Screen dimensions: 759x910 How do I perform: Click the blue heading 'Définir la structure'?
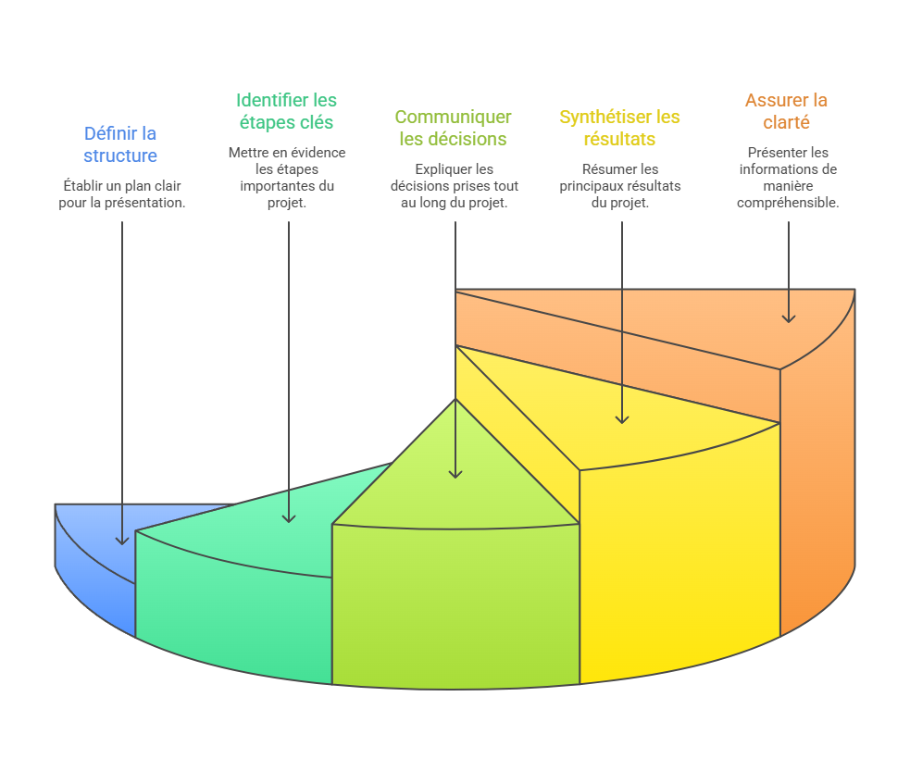(x=120, y=144)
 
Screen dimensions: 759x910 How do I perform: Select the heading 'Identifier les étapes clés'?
(x=286, y=111)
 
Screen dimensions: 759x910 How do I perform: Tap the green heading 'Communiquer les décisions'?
(x=453, y=128)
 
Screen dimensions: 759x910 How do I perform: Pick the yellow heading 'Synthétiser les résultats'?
(x=619, y=128)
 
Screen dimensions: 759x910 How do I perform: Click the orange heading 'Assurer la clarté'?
(x=786, y=111)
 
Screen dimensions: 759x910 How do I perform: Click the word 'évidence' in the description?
(x=318, y=153)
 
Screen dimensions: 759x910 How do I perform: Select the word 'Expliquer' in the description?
(x=442, y=169)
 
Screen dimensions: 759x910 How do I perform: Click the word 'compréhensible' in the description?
(x=788, y=203)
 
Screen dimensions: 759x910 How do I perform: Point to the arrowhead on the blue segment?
(x=121, y=540)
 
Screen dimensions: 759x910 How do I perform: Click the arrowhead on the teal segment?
(x=288, y=517)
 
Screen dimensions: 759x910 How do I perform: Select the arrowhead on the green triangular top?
(x=455, y=473)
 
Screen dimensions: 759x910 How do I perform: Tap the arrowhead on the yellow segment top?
(x=621, y=418)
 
